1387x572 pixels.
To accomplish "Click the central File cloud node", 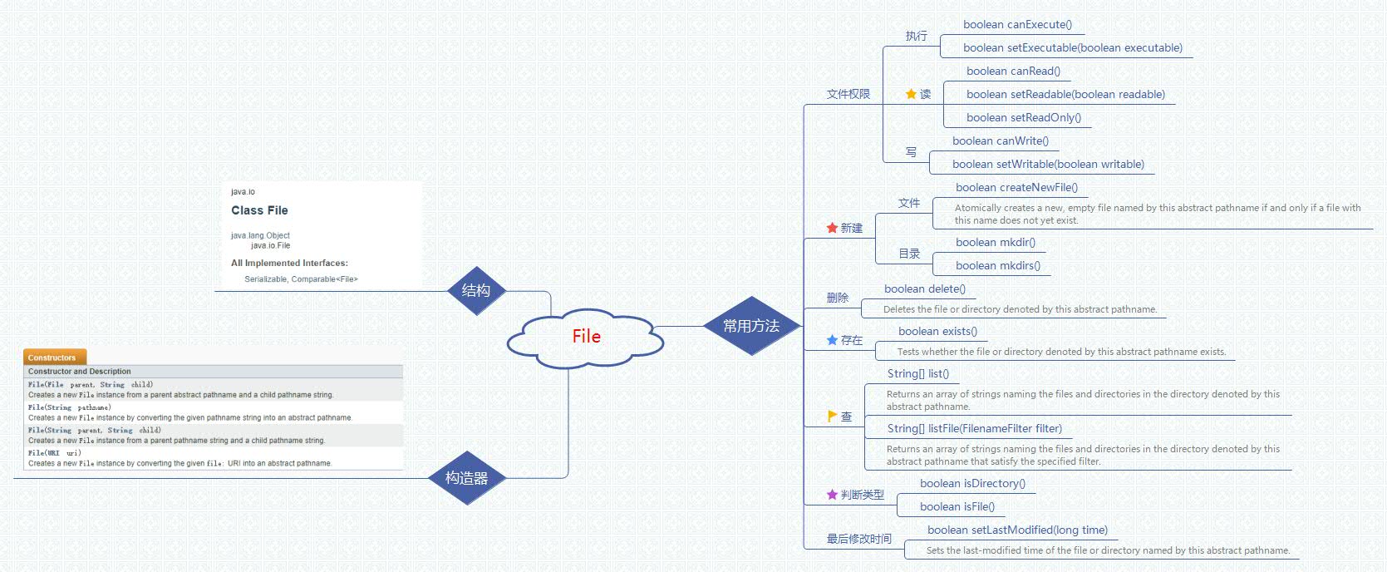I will click(586, 337).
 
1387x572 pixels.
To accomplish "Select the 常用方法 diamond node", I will click(751, 326).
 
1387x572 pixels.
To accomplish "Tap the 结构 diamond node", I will click(475, 290).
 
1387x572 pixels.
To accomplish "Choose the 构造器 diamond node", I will click(466, 478).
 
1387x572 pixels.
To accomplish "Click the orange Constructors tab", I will click(54, 357).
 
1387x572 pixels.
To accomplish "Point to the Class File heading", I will click(259, 210).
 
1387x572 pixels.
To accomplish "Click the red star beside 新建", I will click(832, 228).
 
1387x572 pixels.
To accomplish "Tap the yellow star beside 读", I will click(911, 94).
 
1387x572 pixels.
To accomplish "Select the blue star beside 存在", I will click(832, 340).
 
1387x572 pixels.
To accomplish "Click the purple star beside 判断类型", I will click(832, 495).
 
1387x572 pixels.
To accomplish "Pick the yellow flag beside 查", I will click(832, 416).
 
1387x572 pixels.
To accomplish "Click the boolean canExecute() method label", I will click(1017, 25).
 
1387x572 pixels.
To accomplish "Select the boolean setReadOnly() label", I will click(1024, 118).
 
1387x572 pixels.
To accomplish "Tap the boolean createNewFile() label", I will click(1016, 188).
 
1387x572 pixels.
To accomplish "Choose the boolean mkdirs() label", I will click(997, 266).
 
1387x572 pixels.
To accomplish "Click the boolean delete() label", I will click(924, 289).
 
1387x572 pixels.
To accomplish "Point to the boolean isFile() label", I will click(957, 507).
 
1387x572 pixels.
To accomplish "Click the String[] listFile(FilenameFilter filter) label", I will click(974, 429).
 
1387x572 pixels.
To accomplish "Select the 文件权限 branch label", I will click(848, 95).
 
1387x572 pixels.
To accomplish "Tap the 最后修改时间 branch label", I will click(858, 540).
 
